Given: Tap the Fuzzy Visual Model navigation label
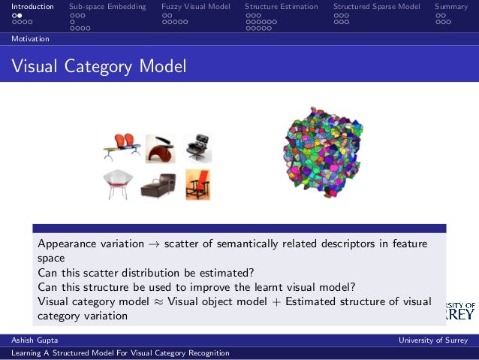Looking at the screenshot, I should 195,7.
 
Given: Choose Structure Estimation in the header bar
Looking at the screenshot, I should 281,7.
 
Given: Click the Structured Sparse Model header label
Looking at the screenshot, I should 376,7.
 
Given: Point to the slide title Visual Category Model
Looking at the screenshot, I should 99,68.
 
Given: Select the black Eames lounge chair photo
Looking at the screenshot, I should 197,147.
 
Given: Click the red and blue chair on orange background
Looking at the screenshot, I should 197,185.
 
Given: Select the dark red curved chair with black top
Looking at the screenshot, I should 160,148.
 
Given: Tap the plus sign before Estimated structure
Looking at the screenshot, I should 276,302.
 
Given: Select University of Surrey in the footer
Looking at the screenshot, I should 433,341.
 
